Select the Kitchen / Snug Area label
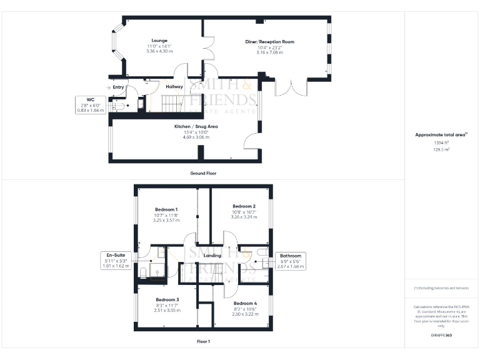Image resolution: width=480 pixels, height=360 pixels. pos(196,126)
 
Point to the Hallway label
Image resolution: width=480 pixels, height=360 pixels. pos(174,86)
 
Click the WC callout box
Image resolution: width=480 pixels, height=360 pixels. pos(90,104)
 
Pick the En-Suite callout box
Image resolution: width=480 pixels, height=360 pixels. pos(115,261)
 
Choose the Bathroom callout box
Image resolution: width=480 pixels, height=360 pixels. pos(290,261)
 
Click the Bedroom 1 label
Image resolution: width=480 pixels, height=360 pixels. pos(166,209)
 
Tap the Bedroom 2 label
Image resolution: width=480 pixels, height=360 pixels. pos(244,206)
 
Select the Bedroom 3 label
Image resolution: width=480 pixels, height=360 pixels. pos(167,299)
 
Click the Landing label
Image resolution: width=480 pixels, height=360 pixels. pos(213,256)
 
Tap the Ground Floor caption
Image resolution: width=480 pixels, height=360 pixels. pos(203,172)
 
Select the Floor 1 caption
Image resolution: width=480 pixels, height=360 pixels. pos(202,342)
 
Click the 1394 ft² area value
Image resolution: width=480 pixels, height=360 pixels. pos(441,143)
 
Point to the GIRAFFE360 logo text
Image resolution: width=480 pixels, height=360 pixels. pos(441,336)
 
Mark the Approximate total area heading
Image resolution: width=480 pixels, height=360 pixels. pos(441,134)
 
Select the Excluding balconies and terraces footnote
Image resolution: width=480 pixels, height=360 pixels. pos(441,287)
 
